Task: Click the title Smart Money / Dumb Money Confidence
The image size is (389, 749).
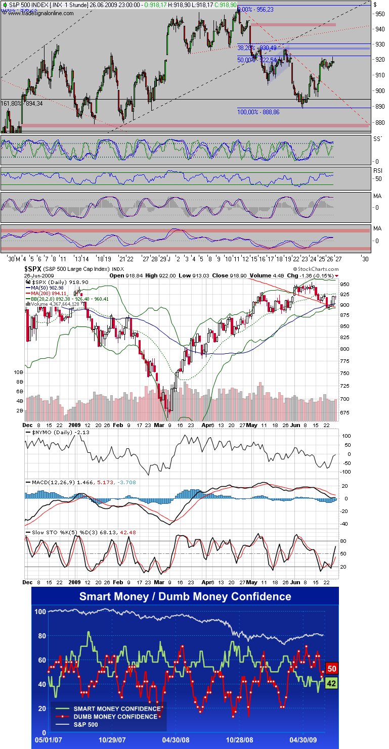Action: (x=185, y=596)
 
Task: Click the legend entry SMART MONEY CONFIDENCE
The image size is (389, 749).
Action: (x=117, y=709)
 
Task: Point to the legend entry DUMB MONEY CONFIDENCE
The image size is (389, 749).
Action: (x=116, y=717)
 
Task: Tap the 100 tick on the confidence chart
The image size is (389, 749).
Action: (x=40, y=612)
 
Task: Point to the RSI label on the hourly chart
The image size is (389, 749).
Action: (x=377, y=171)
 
